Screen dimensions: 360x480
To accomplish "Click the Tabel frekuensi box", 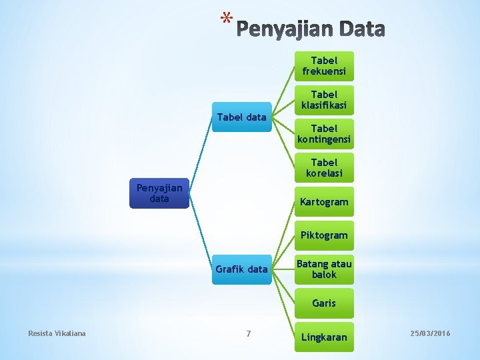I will (324, 66).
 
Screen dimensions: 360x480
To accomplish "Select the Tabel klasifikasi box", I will (324, 100).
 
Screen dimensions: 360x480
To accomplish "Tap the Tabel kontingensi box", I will (324, 134).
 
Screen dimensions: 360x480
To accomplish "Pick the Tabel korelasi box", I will (324, 168).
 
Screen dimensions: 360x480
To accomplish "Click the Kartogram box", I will (324, 201).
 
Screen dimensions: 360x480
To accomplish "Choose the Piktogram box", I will (324, 235).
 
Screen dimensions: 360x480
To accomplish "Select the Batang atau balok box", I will (324, 269).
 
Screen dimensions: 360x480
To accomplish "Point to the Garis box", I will (324, 303).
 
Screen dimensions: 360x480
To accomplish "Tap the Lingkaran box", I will (324, 337).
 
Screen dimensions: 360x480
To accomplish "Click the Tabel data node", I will (241, 118).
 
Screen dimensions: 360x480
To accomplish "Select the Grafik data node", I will (241, 269).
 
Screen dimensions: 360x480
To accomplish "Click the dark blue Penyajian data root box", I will (159, 194).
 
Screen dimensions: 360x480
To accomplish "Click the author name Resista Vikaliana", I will (57, 333).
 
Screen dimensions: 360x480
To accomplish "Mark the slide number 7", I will (249, 333).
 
